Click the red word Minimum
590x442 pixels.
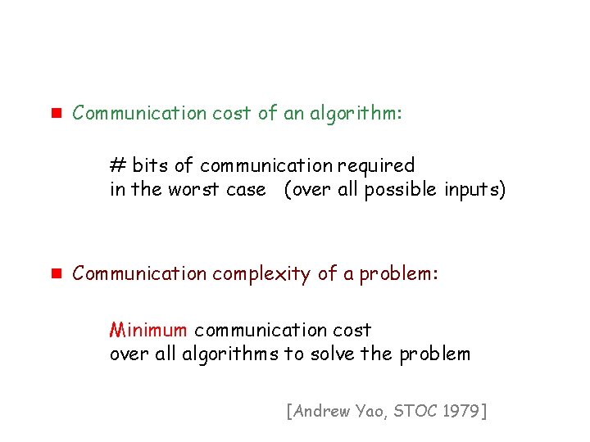149,330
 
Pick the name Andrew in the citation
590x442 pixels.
320,410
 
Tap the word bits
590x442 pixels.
150,165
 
